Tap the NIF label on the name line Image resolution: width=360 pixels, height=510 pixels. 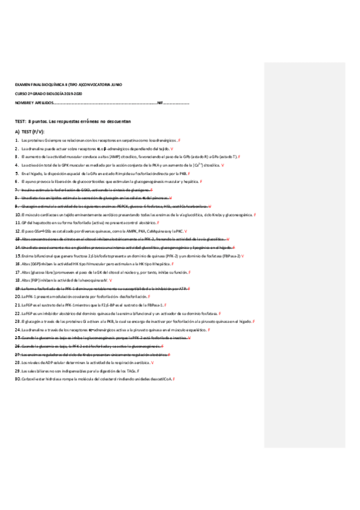coord(160,103)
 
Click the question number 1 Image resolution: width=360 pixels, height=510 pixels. coord(16,140)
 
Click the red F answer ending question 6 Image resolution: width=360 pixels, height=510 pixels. coord(201,181)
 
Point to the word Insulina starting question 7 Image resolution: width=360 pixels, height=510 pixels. coord(28,189)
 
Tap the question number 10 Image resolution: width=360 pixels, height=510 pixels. coord(17,215)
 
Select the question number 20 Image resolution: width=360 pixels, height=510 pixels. coord(17,297)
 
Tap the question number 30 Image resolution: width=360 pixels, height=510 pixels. coord(17,379)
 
